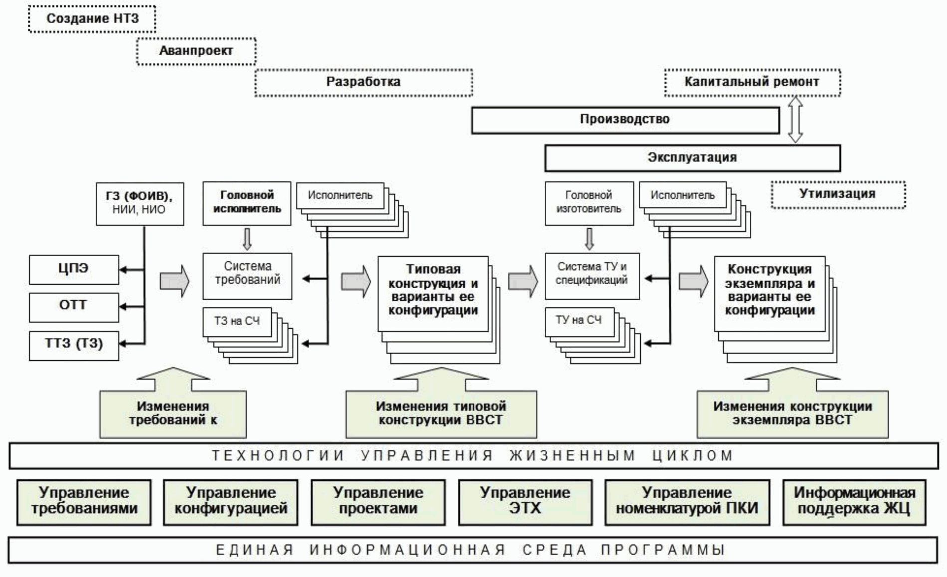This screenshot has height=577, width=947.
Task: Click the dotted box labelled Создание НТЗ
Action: [92, 19]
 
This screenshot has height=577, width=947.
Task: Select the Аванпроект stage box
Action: [196, 51]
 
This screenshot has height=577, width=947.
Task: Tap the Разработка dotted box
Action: [364, 82]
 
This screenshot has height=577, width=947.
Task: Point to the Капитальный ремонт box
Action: [752, 82]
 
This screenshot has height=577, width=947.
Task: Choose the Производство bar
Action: [625, 120]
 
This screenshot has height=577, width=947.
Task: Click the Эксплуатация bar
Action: [692, 158]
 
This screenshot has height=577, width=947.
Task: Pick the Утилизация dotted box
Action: [838, 194]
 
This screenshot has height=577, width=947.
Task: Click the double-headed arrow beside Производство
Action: [795, 120]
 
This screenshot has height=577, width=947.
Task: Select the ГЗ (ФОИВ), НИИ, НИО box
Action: [140, 203]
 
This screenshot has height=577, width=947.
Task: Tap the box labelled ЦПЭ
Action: [74, 269]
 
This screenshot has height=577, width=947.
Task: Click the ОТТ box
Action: [74, 306]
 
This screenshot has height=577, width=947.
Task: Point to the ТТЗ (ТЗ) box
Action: [74, 345]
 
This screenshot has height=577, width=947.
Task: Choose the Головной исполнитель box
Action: [247, 203]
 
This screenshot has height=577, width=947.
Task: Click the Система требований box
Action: [247, 276]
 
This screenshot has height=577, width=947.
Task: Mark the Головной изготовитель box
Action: [589, 203]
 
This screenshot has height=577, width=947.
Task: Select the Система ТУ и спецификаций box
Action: [592, 276]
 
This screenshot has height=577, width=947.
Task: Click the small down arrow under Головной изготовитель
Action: [589, 239]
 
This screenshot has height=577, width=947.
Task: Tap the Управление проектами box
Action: [378, 502]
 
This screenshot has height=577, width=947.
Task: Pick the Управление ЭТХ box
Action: [525, 502]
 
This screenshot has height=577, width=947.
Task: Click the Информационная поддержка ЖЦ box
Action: [854, 502]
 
